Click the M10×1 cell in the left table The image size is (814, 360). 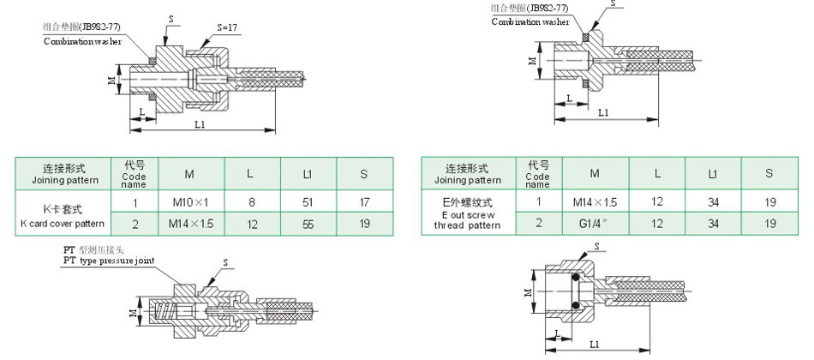[x=190, y=202]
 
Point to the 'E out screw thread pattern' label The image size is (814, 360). [x=467, y=214]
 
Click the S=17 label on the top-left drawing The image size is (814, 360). [x=227, y=27]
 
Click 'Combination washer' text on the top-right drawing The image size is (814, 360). [x=530, y=21]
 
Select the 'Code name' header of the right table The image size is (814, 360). [x=537, y=174]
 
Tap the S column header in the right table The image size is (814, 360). [x=769, y=173]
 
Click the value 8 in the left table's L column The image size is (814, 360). [x=249, y=202]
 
